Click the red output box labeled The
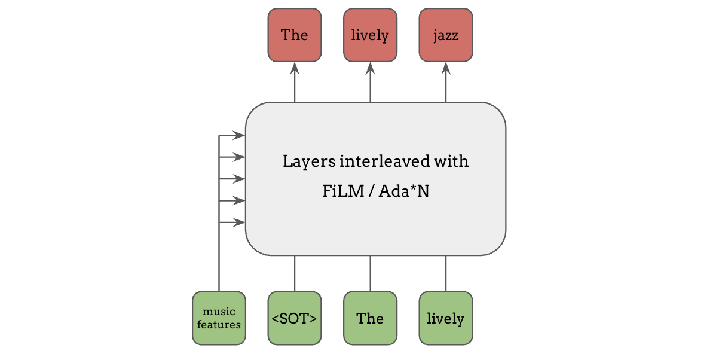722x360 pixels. (295, 35)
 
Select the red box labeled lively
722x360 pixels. (370, 35)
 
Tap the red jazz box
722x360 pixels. (446, 35)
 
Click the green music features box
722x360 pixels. (219, 318)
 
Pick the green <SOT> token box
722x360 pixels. (295, 318)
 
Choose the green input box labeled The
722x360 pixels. (370, 318)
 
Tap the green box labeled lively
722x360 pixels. (446, 318)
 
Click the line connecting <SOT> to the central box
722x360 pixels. (295, 273)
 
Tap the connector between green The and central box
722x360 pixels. (370, 273)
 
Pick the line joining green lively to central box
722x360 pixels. (446, 273)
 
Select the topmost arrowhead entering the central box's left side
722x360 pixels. (240, 136)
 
